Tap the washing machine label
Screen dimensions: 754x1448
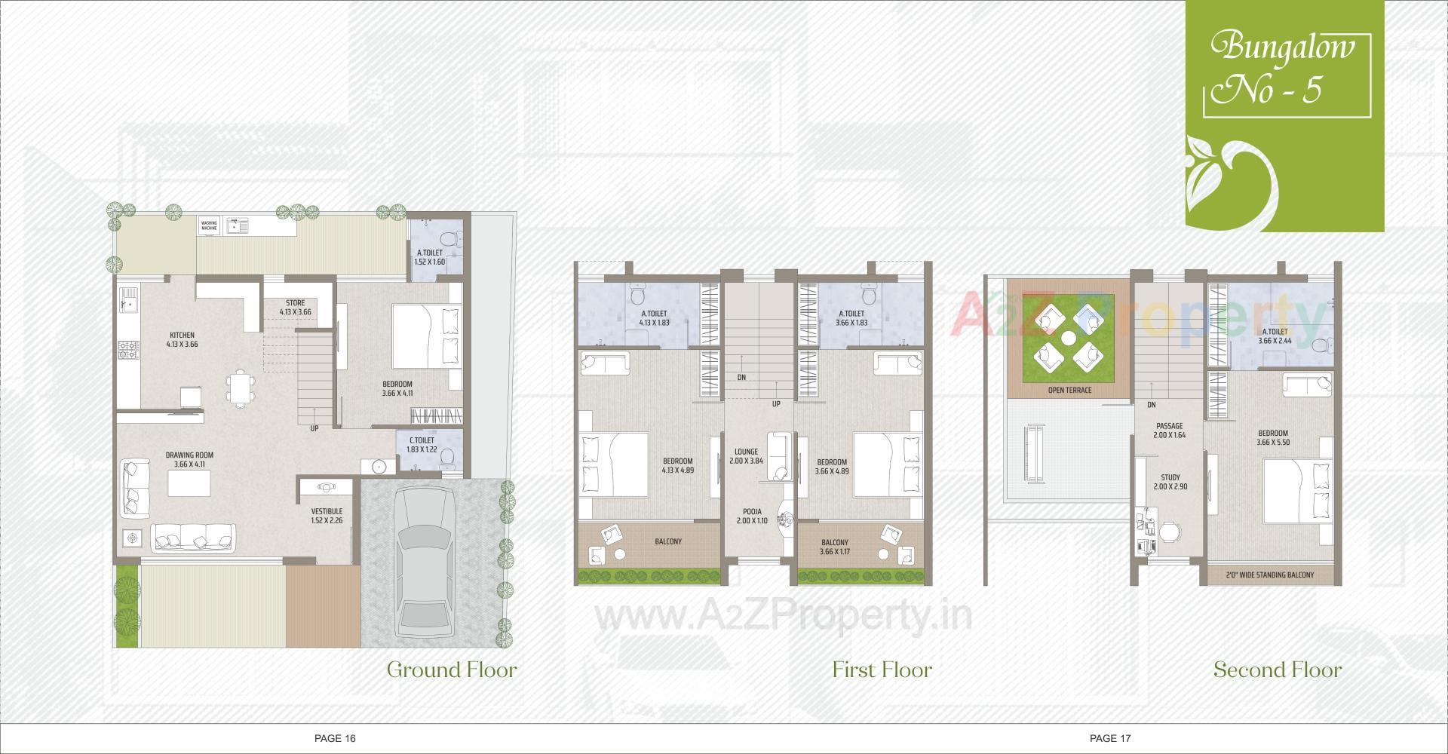209,225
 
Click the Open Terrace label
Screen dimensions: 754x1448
1069,391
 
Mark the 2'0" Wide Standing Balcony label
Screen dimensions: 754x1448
1270,575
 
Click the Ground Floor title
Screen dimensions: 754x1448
452,670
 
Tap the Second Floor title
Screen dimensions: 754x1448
1278,670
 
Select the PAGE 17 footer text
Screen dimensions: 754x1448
1110,738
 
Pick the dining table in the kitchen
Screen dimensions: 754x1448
239,388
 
